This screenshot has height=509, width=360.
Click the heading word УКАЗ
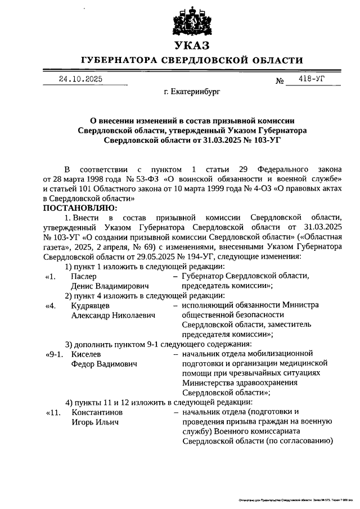point(191,45)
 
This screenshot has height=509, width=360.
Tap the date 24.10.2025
point(80,80)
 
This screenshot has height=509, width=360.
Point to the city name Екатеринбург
point(191,90)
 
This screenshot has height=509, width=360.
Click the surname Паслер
point(84,276)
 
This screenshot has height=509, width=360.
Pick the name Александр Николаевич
point(113,315)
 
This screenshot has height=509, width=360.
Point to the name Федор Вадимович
point(105,364)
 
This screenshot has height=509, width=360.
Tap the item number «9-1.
point(56,354)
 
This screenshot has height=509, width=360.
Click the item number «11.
point(53,412)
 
